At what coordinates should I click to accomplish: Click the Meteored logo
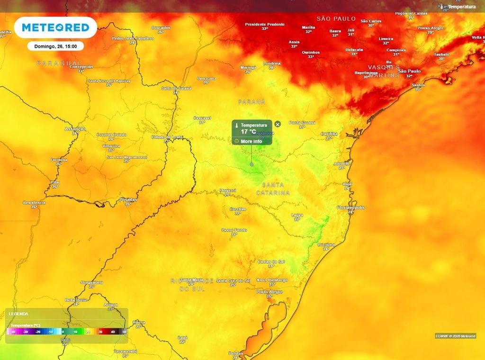click(55, 27)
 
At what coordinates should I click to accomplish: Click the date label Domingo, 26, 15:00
click(55, 46)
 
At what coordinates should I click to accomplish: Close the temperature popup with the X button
click(278, 124)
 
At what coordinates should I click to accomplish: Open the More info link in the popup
click(251, 141)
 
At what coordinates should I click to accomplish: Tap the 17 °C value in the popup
click(249, 132)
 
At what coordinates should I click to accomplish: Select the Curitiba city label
click(329, 134)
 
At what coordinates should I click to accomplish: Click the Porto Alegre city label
click(269, 292)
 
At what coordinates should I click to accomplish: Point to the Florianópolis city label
click(350, 207)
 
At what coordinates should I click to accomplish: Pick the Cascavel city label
click(202, 118)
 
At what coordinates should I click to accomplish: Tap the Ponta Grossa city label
click(302, 123)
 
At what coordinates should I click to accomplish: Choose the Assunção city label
click(75, 129)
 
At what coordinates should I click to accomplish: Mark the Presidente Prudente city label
click(265, 24)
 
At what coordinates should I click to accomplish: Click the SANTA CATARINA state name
click(273, 189)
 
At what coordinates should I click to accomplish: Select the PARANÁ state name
click(251, 102)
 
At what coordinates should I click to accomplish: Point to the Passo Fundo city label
click(234, 230)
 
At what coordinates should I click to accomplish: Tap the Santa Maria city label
click(191, 279)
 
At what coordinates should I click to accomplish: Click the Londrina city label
click(271, 63)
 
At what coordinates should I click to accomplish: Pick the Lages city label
click(297, 215)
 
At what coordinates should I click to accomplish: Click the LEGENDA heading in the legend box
click(18, 314)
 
